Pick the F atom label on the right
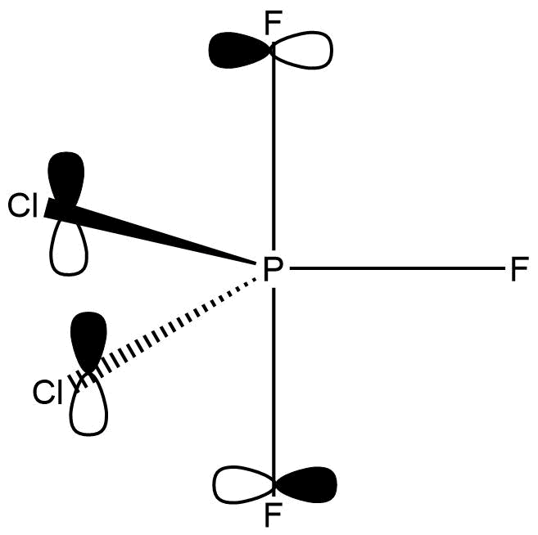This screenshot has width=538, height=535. coord(519,269)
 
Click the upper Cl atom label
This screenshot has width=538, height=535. coord(24,206)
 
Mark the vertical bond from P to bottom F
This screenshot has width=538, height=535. coord(273,376)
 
